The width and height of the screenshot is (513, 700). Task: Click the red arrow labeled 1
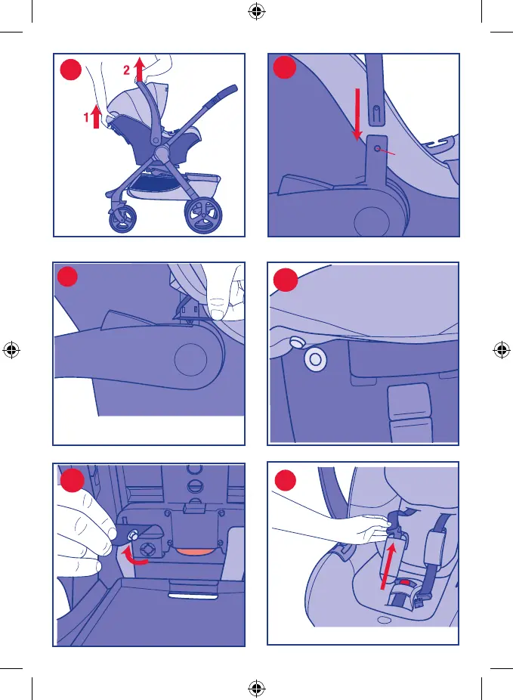coord(96,116)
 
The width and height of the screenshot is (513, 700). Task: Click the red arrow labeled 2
coord(140,69)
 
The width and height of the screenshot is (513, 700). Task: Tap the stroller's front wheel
coord(122,218)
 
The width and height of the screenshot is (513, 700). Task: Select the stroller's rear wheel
coord(203,215)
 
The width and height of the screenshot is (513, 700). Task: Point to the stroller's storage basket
coord(175,184)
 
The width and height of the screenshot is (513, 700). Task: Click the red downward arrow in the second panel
coord(357,115)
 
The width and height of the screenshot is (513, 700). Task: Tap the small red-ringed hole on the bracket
coord(378,149)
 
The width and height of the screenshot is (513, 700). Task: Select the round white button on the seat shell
coord(315,359)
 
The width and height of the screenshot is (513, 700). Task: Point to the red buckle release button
coord(405,583)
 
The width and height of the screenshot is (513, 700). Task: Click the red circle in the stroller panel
coord(70,70)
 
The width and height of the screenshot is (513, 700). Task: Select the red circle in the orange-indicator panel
coord(72,480)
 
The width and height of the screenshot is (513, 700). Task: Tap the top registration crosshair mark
coord(257,11)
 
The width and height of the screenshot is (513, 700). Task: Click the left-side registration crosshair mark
coord(11,349)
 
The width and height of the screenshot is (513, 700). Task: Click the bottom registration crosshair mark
coord(257,688)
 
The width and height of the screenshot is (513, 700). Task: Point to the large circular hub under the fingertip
coord(191,360)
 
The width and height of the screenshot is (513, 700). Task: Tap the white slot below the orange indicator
coord(193,595)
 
